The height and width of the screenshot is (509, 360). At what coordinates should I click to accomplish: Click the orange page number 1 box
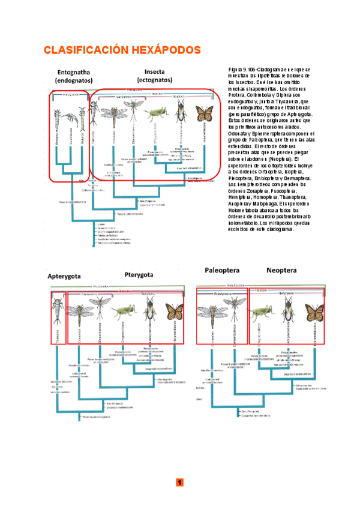tap(179, 483)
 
